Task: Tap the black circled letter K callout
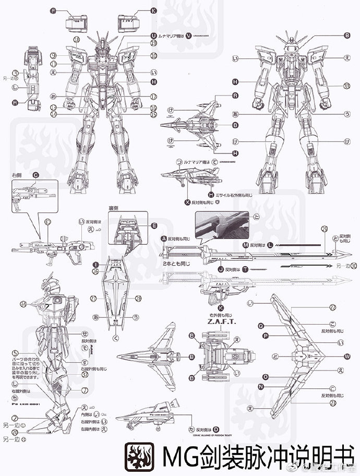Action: tap(153, 10)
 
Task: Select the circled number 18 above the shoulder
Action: tap(77, 40)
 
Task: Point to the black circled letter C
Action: tap(35, 175)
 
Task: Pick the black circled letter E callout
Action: tap(154, 225)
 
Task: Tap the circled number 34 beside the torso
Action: tap(22, 304)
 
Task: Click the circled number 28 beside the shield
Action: tap(139, 298)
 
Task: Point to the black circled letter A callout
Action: tap(163, 238)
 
